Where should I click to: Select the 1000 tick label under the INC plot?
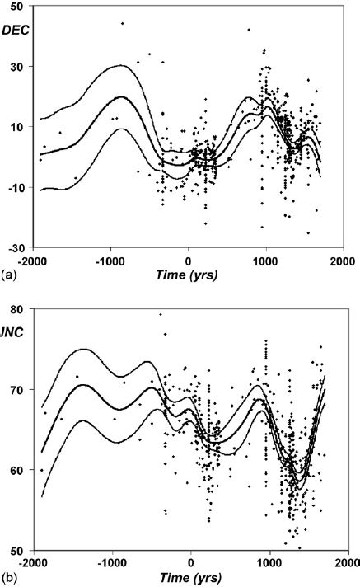point(269,561)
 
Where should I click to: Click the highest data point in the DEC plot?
point(122,23)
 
